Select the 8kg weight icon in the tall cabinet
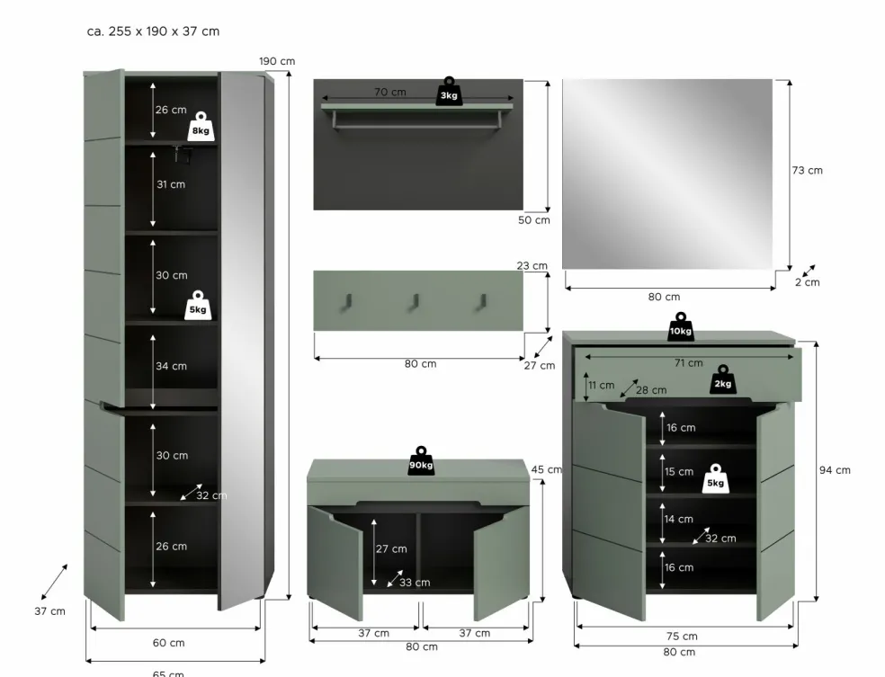[201, 127]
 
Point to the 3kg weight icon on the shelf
[449, 92]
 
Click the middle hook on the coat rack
[415, 301]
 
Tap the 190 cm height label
[277, 61]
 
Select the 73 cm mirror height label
[807, 171]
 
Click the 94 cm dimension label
[835, 470]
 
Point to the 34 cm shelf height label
[171, 366]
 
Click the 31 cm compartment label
[171, 184]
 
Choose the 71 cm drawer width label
[689, 362]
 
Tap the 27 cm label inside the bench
[391, 549]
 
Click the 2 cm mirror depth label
[807, 282]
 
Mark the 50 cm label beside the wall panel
[534, 220]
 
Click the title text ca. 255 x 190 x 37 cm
[153, 31]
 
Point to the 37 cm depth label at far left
[49, 611]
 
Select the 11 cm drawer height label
[601, 386]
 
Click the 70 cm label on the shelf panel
[390, 92]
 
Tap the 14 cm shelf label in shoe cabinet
[678, 519]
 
